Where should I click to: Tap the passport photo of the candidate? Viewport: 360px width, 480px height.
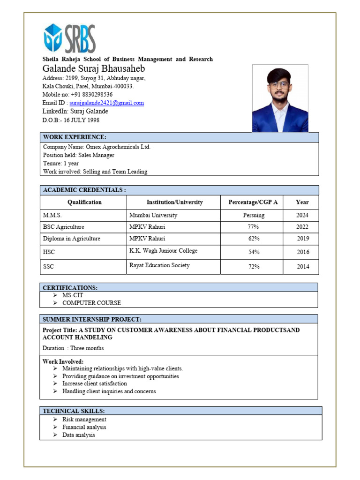coord(280,98)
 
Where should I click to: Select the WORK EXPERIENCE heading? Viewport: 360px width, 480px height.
coord(75,137)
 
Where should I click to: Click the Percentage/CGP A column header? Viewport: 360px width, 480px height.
coord(253,202)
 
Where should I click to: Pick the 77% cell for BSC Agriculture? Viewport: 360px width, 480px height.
coord(254,227)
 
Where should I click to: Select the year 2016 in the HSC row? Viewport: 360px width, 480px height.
coord(303,252)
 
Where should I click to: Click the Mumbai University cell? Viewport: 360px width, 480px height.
coord(153,215)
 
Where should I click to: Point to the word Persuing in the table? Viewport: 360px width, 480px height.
coord(254,215)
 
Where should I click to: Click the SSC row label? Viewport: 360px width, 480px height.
coord(49,267)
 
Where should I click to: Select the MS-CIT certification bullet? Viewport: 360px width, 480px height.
coord(73,295)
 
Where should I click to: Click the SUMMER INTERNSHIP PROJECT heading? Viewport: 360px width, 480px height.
coord(92,319)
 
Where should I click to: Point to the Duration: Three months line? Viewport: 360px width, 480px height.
coord(73,348)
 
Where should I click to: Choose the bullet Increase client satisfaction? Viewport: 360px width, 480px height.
coord(94,383)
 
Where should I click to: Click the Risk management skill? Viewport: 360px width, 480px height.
coord(84,420)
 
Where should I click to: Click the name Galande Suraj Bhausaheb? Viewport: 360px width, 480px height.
coord(94,69)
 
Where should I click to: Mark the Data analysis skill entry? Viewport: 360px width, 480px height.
coord(79,435)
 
